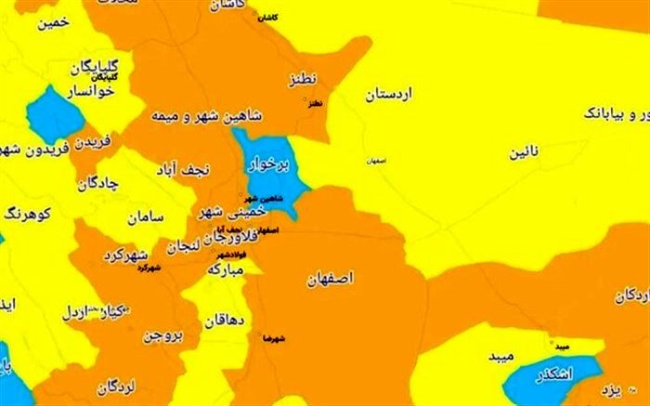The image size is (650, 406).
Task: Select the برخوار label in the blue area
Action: tap(268, 166)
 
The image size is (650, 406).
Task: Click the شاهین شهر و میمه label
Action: tap(206, 118)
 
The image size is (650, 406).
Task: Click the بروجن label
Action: tap(164, 334)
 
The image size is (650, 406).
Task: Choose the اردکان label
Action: tap(631, 295)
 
